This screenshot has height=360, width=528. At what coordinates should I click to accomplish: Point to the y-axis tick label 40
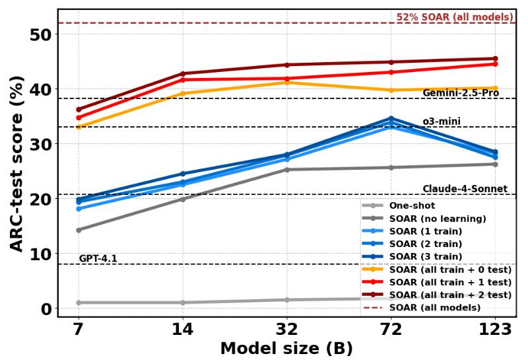click(x=42, y=89)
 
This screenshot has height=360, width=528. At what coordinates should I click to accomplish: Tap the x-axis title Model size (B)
click(x=286, y=348)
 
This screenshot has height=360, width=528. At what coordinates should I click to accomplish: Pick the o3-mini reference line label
click(x=442, y=122)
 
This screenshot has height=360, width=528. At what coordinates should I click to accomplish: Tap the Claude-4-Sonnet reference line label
click(x=465, y=189)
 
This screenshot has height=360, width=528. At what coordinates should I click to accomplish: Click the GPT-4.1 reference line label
click(x=98, y=258)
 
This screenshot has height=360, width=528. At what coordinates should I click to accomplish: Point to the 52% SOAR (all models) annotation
click(x=455, y=17)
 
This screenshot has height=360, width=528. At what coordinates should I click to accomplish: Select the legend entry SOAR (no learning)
click(x=438, y=219)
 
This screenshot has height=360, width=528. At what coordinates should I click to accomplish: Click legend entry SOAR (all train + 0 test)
click(x=450, y=270)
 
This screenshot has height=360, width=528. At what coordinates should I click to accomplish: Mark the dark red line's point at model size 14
click(x=183, y=73)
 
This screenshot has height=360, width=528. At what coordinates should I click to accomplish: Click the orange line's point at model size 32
click(x=286, y=82)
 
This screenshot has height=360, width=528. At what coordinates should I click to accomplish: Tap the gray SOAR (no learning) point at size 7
click(x=79, y=230)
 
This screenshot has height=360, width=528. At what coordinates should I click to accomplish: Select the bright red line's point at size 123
click(x=495, y=64)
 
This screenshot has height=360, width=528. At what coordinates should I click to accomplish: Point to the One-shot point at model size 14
click(x=183, y=303)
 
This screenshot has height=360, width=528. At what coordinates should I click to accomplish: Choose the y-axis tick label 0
click(x=46, y=308)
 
